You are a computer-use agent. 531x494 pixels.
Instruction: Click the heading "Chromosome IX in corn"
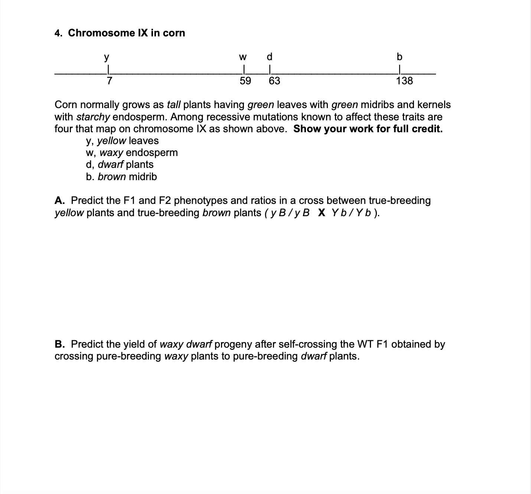point(126,33)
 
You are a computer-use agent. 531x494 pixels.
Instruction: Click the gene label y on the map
point(107,58)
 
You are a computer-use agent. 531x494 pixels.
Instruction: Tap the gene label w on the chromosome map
point(243,57)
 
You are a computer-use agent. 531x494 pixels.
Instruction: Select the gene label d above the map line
point(270,57)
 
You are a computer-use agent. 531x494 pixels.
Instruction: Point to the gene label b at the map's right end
point(400,57)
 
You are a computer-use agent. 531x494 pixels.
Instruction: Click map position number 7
point(109,81)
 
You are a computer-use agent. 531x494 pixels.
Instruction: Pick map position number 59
point(245,81)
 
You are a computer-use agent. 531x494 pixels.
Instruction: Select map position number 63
point(274,81)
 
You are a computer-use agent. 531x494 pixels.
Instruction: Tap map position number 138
point(404,81)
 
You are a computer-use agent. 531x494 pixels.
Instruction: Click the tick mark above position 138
point(400,69)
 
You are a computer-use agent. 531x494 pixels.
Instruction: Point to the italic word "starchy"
point(93,117)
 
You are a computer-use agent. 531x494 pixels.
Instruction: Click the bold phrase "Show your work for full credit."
point(368,129)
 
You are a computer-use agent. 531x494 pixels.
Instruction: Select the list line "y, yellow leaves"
point(122,141)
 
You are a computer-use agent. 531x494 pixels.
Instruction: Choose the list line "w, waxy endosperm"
point(132,153)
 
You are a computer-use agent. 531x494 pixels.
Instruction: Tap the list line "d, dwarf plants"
point(120,165)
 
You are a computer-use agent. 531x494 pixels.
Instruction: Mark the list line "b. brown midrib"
point(121,177)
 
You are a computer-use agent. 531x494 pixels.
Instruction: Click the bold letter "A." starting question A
point(60,201)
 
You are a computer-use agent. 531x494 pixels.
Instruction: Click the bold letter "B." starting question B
point(60,344)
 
